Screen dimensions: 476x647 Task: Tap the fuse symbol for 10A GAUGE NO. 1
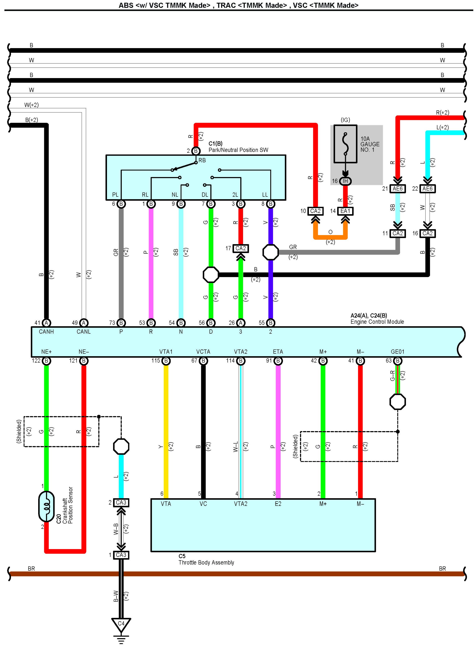click(345, 144)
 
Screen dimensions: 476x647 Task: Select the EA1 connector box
click(345, 211)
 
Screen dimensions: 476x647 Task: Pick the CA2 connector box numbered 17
click(241, 248)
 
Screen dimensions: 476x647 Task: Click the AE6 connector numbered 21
click(398, 189)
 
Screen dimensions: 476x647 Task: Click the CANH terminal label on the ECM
click(46, 331)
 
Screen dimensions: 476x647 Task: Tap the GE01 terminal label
click(398, 352)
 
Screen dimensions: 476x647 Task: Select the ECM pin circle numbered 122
click(46, 361)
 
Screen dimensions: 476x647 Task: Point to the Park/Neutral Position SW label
click(238, 150)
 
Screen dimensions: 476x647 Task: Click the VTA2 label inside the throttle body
click(241, 504)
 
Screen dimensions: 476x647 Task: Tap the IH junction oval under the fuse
click(345, 181)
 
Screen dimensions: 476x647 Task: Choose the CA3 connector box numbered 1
click(121, 555)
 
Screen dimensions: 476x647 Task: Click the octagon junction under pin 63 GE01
click(398, 402)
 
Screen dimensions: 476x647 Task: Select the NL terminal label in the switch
click(175, 195)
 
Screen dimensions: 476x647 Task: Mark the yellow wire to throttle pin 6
click(166, 432)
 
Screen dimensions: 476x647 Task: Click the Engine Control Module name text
click(377, 322)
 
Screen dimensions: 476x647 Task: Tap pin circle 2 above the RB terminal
click(196, 151)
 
